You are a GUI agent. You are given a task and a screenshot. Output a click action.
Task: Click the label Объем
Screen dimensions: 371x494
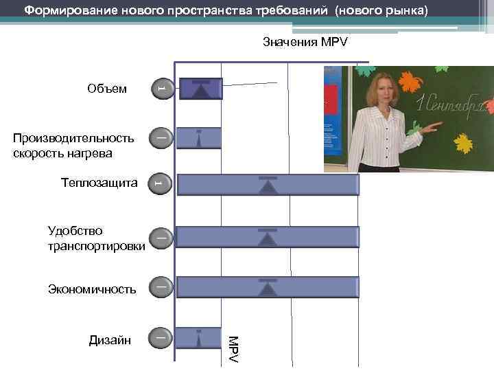click(x=107, y=89)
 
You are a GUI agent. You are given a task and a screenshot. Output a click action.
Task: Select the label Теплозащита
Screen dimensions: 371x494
click(x=99, y=183)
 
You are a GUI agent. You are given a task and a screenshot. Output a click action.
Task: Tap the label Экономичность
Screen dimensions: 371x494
click(x=92, y=289)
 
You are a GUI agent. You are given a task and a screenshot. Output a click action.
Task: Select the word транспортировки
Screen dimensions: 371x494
click(x=96, y=245)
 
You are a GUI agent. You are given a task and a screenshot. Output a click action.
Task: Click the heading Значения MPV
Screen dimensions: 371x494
click(x=305, y=43)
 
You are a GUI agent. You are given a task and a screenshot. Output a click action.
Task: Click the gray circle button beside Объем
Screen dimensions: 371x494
click(x=160, y=88)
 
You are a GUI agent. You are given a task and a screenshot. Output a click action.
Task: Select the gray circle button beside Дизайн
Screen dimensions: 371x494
click(x=160, y=337)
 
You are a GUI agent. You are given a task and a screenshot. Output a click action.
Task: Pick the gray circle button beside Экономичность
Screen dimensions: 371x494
click(x=160, y=286)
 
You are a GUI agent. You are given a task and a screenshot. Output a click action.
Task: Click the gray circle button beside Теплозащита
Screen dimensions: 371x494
click(x=159, y=183)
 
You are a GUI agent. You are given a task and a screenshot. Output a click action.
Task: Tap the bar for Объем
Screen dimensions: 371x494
click(x=200, y=89)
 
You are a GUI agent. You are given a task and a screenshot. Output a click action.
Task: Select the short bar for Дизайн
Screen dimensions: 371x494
click(x=198, y=338)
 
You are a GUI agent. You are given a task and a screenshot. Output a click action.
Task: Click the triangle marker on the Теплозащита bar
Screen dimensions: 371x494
click(x=268, y=186)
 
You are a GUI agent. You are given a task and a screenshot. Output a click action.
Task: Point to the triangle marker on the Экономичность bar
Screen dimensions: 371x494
click(x=268, y=288)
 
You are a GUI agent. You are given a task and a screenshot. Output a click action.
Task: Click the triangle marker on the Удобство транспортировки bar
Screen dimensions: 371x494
click(x=268, y=238)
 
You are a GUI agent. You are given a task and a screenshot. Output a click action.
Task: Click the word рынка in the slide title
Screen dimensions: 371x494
click(x=405, y=10)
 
